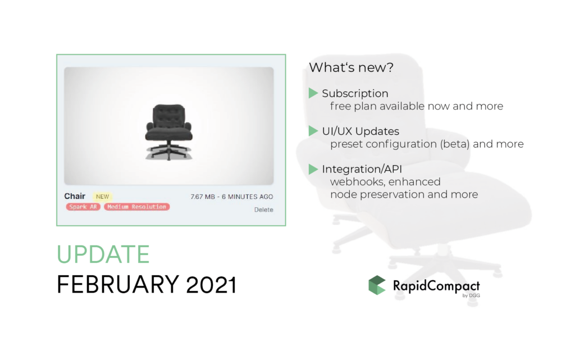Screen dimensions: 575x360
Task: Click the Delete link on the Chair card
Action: point(264,209)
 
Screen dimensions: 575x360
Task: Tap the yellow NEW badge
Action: point(102,197)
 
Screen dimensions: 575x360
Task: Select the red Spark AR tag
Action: point(83,207)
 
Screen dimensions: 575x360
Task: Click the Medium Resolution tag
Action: point(137,207)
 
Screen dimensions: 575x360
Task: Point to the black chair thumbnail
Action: point(168,132)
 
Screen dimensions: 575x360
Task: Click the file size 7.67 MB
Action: point(203,197)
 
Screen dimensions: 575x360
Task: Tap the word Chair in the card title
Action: point(75,196)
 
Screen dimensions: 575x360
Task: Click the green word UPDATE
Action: point(103,254)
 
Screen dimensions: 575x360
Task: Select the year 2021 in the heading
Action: point(211,285)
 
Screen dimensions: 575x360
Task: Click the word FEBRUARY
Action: point(118,285)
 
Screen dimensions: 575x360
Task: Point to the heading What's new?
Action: point(352,67)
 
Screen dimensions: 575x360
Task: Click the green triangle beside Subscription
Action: point(313,93)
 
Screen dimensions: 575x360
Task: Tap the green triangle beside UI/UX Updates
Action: point(313,131)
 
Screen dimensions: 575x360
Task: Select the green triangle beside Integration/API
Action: point(313,169)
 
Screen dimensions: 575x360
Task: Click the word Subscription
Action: point(355,94)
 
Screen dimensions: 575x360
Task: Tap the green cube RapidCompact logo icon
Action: point(377,285)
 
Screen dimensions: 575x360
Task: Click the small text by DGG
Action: point(471,295)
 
